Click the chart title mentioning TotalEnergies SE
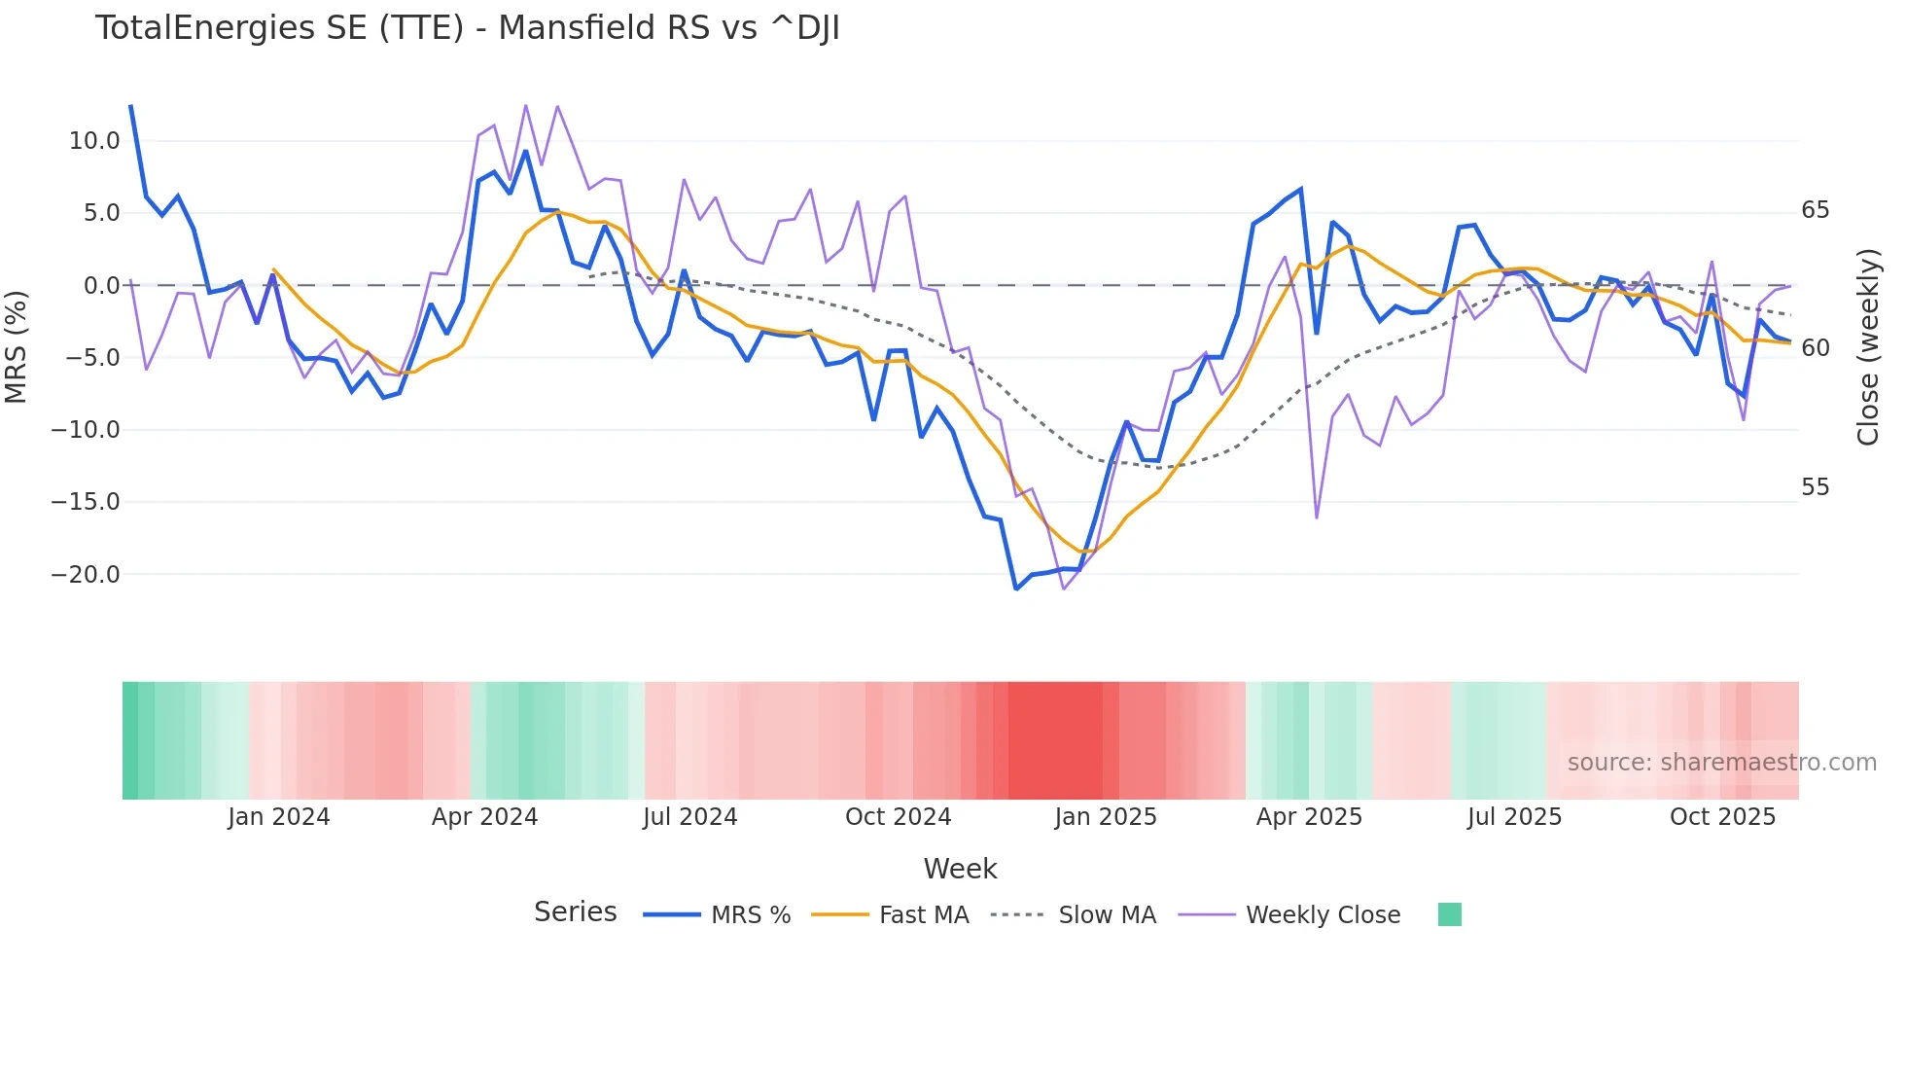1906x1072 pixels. pyautogui.click(x=467, y=28)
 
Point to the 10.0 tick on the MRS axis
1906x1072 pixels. pyautogui.click(x=93, y=141)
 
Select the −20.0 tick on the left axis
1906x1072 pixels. pyautogui.click(x=86, y=575)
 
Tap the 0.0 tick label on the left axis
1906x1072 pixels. pyautogui.click(x=101, y=286)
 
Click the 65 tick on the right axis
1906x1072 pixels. pyautogui.click(x=1815, y=210)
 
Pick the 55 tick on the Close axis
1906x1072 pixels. pyautogui.click(x=1815, y=487)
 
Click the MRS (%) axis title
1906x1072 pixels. pyautogui.click(x=17, y=346)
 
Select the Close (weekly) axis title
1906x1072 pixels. pyautogui.click(x=1867, y=347)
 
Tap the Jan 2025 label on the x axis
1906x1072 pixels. pyautogui.click(x=1106, y=817)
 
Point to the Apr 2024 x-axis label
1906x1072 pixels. pyautogui.click(x=484, y=817)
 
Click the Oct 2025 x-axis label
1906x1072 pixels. pyautogui.click(x=1722, y=817)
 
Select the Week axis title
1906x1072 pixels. pyautogui.click(x=960, y=869)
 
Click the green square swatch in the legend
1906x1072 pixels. pyautogui.click(x=1449, y=914)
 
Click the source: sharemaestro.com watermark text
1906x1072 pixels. pyautogui.click(x=1721, y=763)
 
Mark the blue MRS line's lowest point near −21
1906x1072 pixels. pyautogui.click(x=1016, y=589)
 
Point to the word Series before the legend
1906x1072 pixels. pyautogui.click(x=575, y=912)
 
